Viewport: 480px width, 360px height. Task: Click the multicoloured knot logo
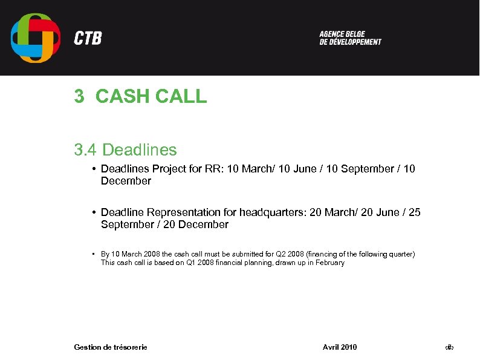36,38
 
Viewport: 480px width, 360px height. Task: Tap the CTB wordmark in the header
88,39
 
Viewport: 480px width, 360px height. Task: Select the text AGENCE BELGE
342,34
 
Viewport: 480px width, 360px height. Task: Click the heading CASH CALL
151,96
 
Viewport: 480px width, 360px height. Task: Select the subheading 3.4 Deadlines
125,149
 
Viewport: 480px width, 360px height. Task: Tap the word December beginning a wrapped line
126,181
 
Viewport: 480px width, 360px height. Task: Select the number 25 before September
415,212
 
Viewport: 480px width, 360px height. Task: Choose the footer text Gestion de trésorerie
111,347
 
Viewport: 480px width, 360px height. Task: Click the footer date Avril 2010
340,347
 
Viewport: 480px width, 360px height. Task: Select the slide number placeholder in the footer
449,347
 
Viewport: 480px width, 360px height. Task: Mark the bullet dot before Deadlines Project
96,169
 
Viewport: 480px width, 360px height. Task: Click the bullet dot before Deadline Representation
96,212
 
